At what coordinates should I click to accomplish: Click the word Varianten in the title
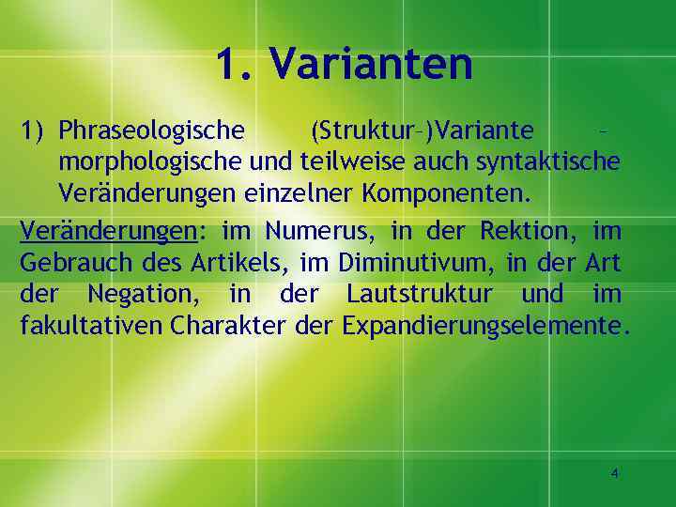(371, 64)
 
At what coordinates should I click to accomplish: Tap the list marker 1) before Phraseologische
(34, 129)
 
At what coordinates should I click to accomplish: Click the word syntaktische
(548, 161)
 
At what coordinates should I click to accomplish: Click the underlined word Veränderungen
(100, 229)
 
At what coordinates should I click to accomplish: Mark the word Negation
(138, 294)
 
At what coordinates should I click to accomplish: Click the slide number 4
(615, 474)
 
